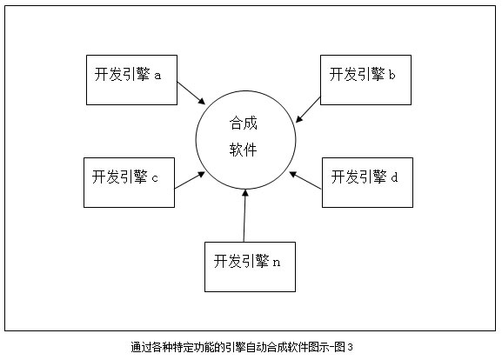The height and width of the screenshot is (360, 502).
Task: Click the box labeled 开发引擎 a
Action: pos(131,80)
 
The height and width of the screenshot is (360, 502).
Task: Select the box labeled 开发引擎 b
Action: pos(365,80)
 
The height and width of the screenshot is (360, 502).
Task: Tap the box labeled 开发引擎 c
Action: pos(129,183)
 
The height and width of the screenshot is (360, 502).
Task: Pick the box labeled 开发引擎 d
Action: pos(367,183)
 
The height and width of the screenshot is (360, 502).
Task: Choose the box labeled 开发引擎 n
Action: pos(250,267)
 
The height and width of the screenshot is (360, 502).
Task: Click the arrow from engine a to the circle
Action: pos(191,93)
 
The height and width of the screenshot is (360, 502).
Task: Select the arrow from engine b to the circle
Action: pos(308,110)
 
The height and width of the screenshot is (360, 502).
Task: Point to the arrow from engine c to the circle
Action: pos(190,180)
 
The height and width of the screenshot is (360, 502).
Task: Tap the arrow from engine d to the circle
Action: pos(305,181)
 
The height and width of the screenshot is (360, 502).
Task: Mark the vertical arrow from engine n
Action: pos(244,216)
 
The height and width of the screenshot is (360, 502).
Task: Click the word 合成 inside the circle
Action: pos(243,123)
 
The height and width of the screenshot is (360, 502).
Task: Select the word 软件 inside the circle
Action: pos(243,150)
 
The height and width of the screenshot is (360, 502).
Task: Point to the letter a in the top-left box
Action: pos(157,77)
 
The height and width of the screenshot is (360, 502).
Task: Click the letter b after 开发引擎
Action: pos(392,75)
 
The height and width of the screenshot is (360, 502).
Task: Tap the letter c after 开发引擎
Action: pos(155,178)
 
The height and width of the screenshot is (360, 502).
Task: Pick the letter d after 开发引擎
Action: pos(394,177)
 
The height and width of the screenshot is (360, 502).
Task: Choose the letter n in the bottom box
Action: pos(277,263)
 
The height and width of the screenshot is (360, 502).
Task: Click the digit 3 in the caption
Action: pos(350,347)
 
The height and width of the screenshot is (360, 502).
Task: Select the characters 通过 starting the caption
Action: pos(141,347)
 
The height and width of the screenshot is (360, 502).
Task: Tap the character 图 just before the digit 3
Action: pos(339,347)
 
